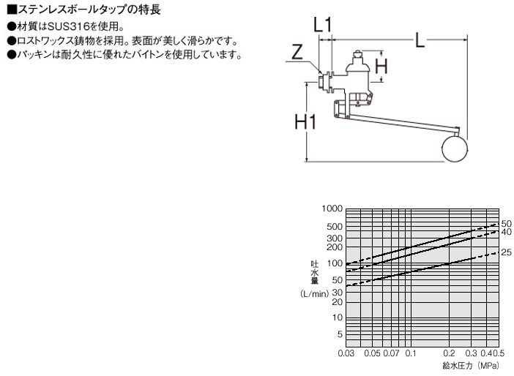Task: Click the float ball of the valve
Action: (x=455, y=149)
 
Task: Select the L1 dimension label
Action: (x=323, y=25)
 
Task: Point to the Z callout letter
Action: (x=297, y=52)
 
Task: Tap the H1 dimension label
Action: (x=305, y=121)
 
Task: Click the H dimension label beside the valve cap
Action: (x=381, y=66)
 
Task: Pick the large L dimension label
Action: (x=420, y=40)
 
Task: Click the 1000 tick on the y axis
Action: (x=332, y=208)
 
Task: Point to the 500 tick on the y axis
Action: (x=335, y=226)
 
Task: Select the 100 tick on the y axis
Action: (x=335, y=263)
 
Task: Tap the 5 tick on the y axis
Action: (x=340, y=334)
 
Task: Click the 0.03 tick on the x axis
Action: (x=346, y=353)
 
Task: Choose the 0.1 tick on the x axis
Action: (x=411, y=353)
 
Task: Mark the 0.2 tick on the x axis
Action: (x=449, y=353)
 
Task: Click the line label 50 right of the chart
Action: (x=507, y=224)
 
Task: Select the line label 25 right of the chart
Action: (x=507, y=252)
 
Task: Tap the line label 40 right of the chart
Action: (x=507, y=232)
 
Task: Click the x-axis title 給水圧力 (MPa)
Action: (x=470, y=365)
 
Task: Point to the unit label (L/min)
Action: (x=314, y=294)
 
